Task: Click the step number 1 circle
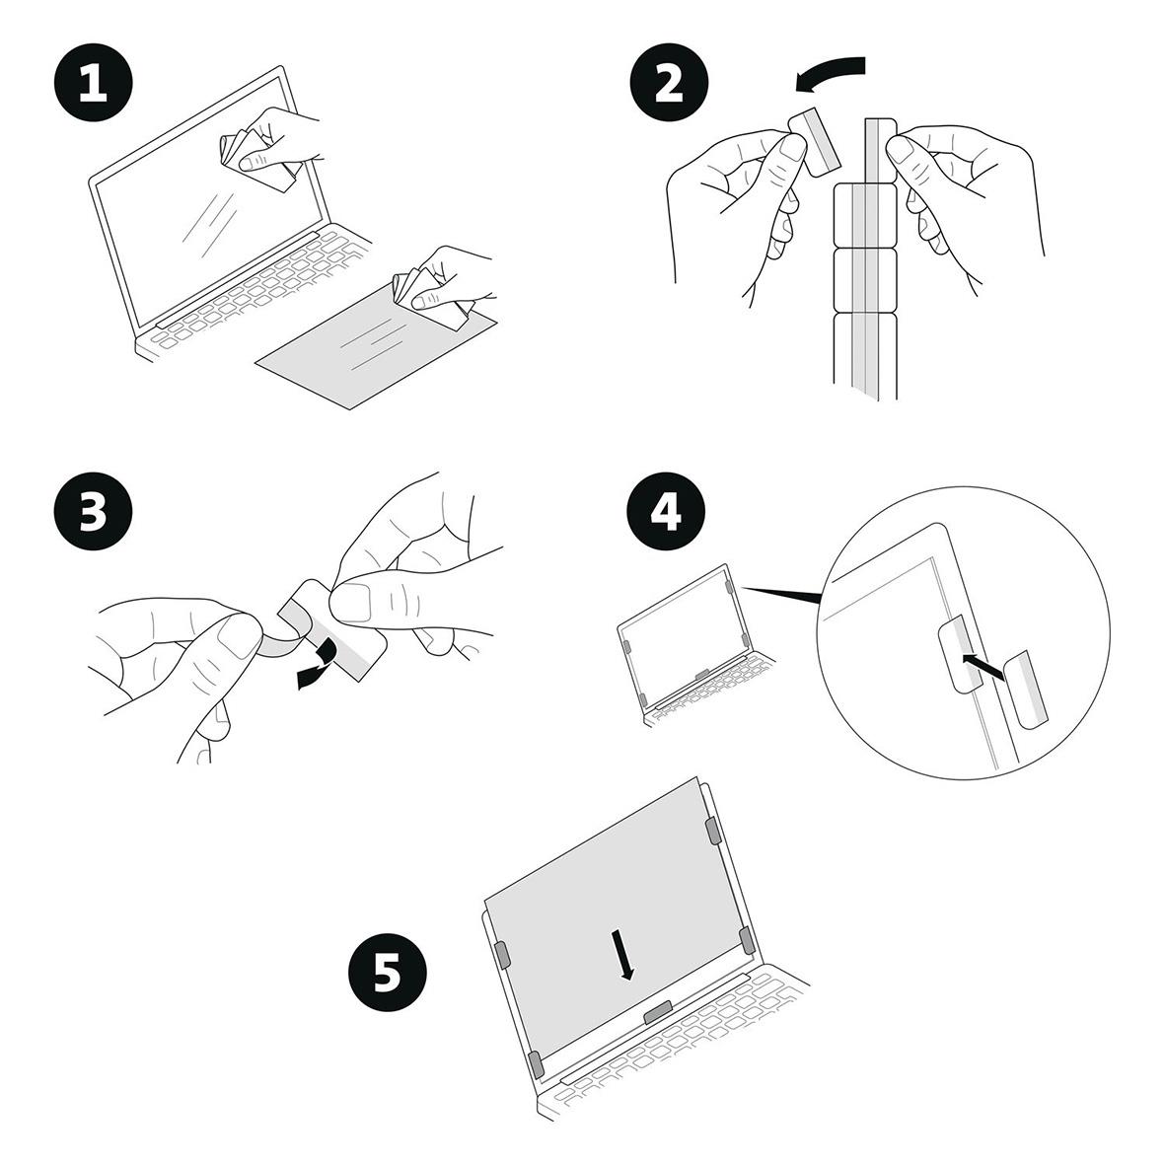93,83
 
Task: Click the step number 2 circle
668,83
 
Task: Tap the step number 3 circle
93,513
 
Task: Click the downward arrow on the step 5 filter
623,953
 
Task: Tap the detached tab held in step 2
815,141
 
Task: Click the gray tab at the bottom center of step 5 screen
657,1012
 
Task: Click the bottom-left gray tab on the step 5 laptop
536,1064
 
